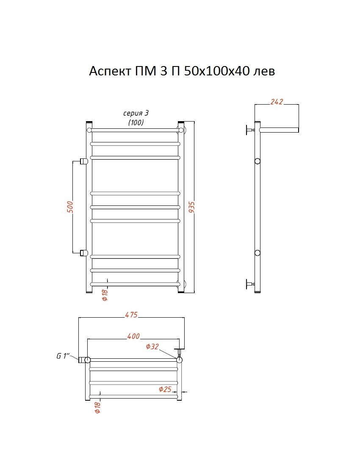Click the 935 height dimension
point(192,207)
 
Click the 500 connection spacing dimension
point(69,207)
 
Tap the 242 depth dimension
point(277,102)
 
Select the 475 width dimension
point(132,315)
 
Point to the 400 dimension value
point(133,336)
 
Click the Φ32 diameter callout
point(152,346)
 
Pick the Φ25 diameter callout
point(165,389)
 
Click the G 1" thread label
point(63,356)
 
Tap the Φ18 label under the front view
point(105,294)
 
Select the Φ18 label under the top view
point(97,407)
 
